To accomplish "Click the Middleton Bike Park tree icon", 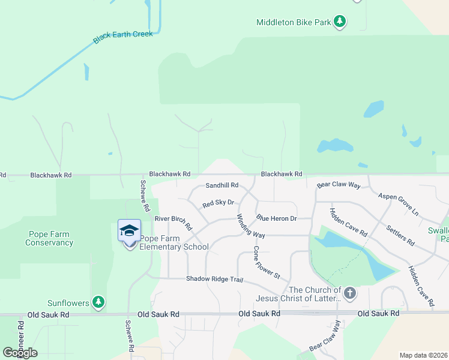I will point(340,22).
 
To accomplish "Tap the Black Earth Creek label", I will point(123,37).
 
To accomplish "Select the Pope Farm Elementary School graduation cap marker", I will point(129,231).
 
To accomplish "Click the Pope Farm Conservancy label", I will point(49,239).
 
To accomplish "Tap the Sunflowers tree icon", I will point(98,302).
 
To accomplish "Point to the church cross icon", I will point(350,293).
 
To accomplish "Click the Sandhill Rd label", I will point(222,185).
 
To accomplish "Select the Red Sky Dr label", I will point(217,203).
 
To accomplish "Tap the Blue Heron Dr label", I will point(277,218).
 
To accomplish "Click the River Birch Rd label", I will point(173,223).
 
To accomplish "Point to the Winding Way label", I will point(250,226).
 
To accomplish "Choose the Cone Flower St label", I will point(267,262).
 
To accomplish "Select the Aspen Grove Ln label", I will point(398,204).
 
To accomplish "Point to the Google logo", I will point(20,353).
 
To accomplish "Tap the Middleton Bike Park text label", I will point(294,23).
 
